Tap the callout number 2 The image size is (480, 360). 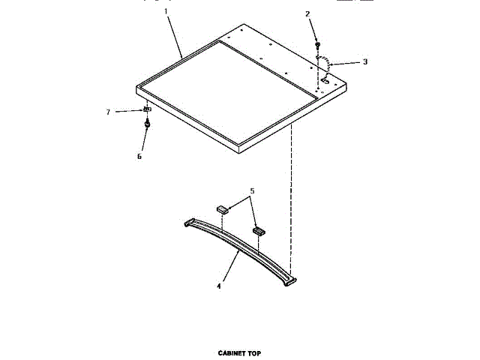click(307, 13)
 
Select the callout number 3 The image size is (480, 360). click(364, 61)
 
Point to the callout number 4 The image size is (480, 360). click(219, 286)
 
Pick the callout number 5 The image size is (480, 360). click(252, 191)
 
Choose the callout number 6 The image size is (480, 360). click(139, 156)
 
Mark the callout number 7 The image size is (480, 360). click(108, 112)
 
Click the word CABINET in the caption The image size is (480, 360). click(232, 352)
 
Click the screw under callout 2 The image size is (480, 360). click(317, 46)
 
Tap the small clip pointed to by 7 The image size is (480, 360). click(147, 110)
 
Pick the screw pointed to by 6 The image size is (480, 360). click(148, 124)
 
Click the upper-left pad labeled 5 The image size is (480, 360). click(223, 210)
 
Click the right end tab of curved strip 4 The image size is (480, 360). click(290, 280)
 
